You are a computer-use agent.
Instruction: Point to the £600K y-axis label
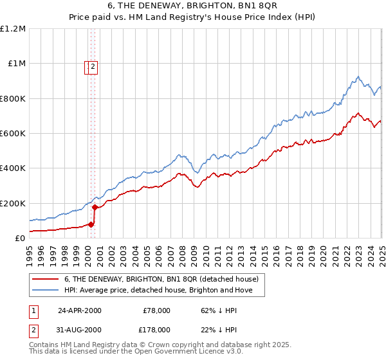click(x=13, y=134)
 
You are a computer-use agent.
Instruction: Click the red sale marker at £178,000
click(x=95, y=207)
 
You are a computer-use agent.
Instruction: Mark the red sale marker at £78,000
click(x=91, y=224)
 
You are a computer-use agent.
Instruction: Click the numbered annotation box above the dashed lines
click(x=91, y=66)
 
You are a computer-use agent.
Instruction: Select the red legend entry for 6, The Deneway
click(x=161, y=279)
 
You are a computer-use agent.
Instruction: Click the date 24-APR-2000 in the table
click(x=80, y=310)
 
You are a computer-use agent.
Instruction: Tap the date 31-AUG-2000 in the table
click(x=80, y=330)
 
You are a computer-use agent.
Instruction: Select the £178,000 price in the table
click(x=154, y=330)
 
